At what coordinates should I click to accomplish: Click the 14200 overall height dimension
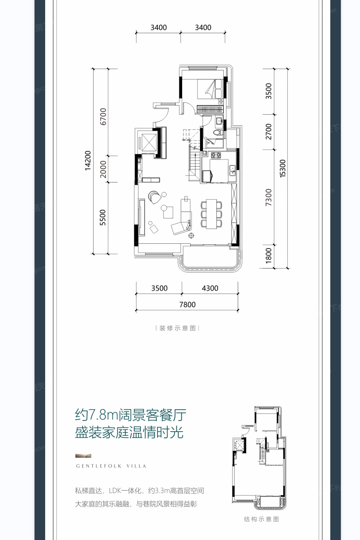tap(88, 160)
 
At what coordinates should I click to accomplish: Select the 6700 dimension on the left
tap(103, 116)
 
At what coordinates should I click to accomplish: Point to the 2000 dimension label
tap(103, 169)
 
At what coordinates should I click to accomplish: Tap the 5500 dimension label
tap(103, 218)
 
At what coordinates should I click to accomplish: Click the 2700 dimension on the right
tap(269, 132)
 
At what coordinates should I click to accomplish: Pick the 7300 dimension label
tap(269, 197)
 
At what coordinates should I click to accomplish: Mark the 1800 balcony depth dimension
tap(269, 256)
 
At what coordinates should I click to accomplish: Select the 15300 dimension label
tap(283, 168)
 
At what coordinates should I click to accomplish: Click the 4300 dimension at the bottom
tap(210, 288)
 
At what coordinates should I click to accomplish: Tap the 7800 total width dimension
tap(188, 305)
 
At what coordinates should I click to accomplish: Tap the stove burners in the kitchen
tap(216, 155)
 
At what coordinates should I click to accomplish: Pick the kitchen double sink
tap(232, 170)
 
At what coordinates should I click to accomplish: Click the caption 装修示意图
tap(177, 328)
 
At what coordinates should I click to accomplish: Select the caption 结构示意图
tap(261, 519)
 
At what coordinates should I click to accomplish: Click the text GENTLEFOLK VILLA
tap(111, 466)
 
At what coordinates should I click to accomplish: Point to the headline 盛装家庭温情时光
tap(129, 432)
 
